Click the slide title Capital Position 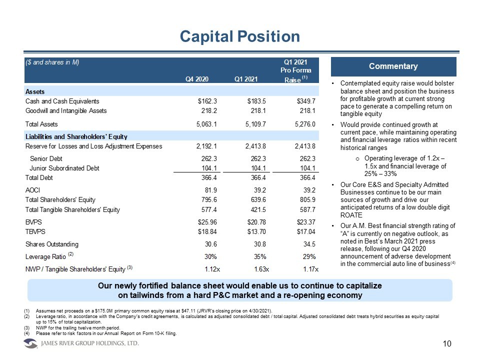click(239, 36)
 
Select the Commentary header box click(393, 66)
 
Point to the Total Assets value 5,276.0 click(303, 124)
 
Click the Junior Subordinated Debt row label click(67, 168)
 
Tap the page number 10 click(447, 344)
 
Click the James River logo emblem click(31, 343)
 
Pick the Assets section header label click(35, 92)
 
